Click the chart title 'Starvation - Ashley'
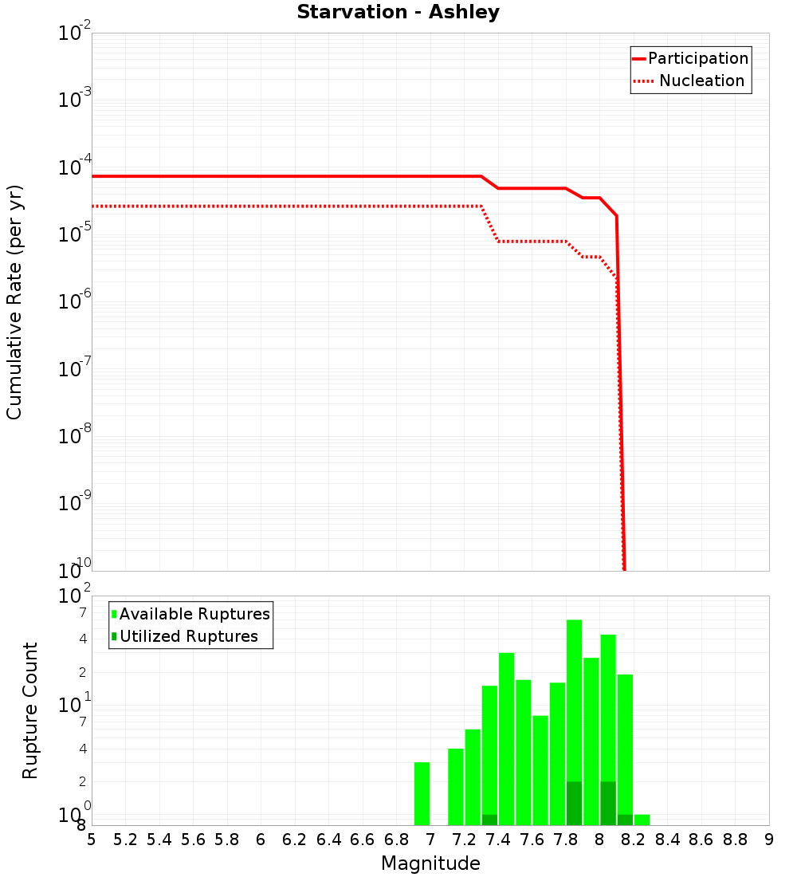pyautogui.click(x=398, y=13)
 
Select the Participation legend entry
pyautogui.click(x=690, y=58)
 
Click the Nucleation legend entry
pyautogui.click(x=690, y=81)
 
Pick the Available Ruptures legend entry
pyautogui.click(x=191, y=614)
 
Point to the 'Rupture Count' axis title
pyautogui.click(x=30, y=710)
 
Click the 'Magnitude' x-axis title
pyautogui.click(x=430, y=863)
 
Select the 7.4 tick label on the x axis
pyautogui.click(x=498, y=840)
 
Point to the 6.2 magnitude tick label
pyautogui.click(x=295, y=840)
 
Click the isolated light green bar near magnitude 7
pyautogui.click(x=422, y=793)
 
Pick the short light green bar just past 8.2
pyautogui.click(x=642, y=820)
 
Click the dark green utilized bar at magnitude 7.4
pyautogui.click(x=489, y=820)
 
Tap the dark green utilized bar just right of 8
pyautogui.click(x=608, y=803)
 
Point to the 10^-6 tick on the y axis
pyautogui.click(x=75, y=301)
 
